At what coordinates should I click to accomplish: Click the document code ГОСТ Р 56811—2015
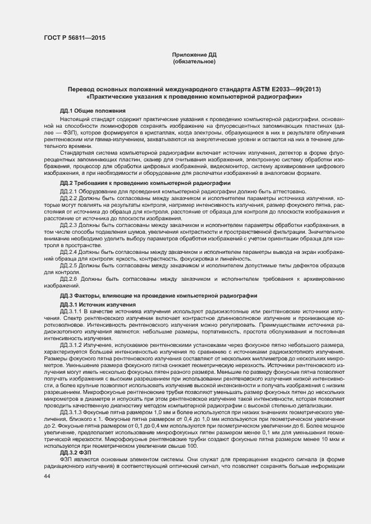coord(74,38)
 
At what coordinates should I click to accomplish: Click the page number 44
coord(47,476)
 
